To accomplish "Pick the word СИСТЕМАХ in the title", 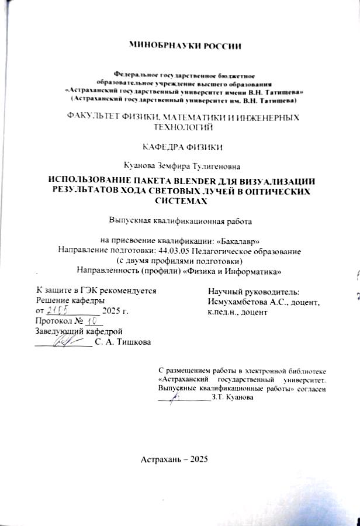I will tap(179, 200).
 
